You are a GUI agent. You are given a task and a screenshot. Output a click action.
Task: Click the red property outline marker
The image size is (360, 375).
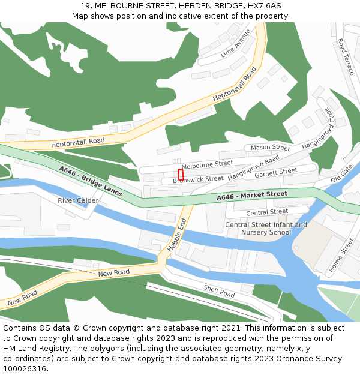[180, 174]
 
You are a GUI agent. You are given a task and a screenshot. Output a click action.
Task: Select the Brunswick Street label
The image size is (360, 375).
[198, 179]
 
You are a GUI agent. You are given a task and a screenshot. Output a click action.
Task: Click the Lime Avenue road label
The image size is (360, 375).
[235, 43]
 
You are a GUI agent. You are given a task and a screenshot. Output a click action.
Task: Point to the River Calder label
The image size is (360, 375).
[78, 200]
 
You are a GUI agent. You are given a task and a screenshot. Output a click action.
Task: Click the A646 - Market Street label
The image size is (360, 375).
[252, 196]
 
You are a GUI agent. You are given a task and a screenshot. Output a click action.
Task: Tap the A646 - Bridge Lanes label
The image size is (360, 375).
[91, 182]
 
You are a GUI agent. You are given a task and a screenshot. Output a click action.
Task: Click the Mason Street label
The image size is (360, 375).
[270, 148]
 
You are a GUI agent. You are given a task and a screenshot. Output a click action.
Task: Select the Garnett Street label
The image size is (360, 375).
[275, 173]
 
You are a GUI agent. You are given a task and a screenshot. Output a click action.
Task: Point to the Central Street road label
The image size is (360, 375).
[267, 212]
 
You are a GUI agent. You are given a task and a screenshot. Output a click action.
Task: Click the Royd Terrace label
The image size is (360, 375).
[346, 56]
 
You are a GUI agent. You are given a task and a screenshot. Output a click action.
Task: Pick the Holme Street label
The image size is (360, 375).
[341, 255]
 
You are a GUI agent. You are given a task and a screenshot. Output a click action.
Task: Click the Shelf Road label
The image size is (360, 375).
[218, 292]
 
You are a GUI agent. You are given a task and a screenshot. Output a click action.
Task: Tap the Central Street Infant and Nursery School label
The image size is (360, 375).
[266, 229]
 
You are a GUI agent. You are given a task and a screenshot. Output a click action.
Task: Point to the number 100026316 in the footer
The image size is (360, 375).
[25, 368]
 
